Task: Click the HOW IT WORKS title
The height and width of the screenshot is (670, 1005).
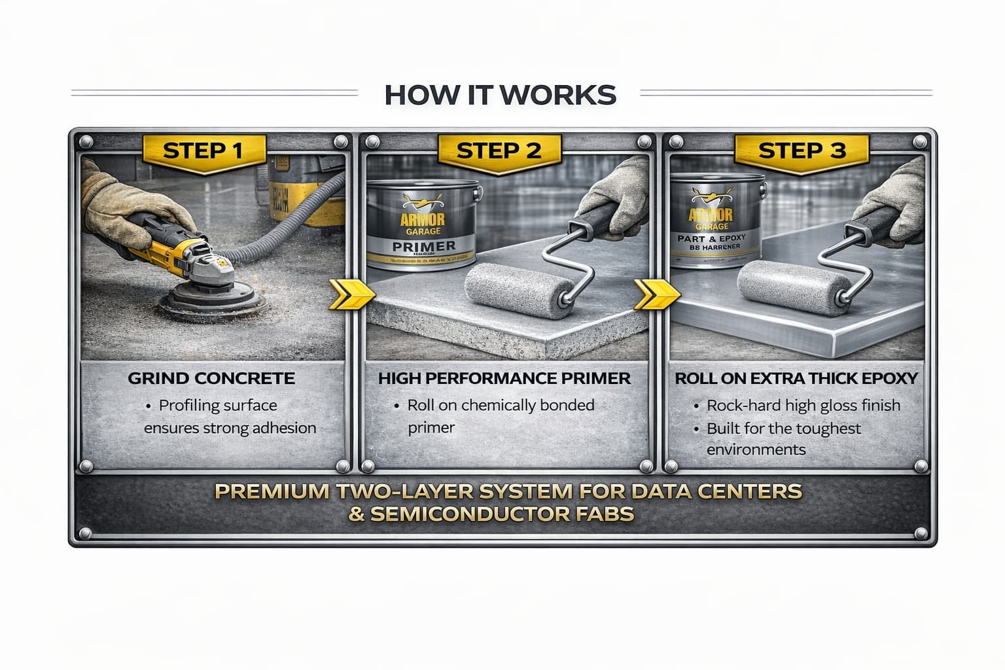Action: click(x=500, y=94)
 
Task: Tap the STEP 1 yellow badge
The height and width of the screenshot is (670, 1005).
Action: click(x=203, y=151)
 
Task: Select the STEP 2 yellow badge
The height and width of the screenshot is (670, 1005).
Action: click(x=499, y=151)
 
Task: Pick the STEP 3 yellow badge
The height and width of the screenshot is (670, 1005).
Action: click(x=802, y=151)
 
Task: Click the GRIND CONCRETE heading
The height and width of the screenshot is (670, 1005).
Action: click(x=211, y=378)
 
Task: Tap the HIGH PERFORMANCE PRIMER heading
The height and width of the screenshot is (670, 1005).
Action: click(x=504, y=378)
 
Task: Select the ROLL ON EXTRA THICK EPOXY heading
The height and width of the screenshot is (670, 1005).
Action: click(x=796, y=378)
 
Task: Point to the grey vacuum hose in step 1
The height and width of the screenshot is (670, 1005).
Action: click(x=288, y=203)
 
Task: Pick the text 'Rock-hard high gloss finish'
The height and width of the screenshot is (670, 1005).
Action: click(x=803, y=406)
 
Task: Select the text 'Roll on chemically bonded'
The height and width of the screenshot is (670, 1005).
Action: click(x=501, y=406)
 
